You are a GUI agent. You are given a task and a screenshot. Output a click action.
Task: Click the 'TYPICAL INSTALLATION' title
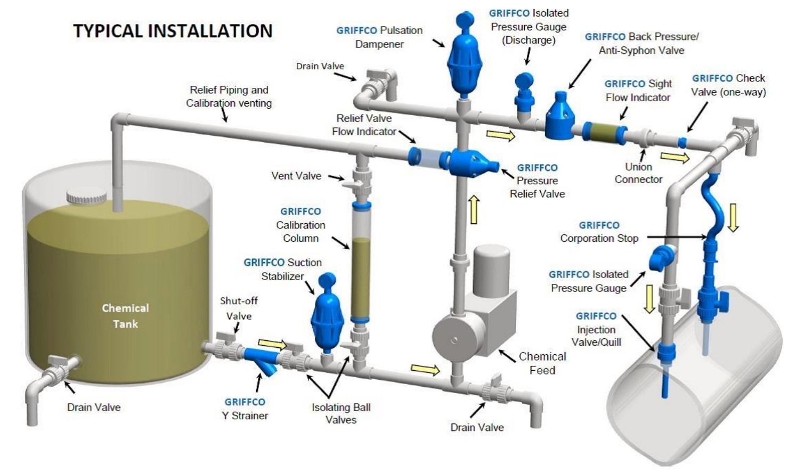click(173, 30)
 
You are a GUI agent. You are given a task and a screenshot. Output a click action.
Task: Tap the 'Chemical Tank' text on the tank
click(125, 316)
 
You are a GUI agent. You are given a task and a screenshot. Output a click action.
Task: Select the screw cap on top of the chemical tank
click(86, 197)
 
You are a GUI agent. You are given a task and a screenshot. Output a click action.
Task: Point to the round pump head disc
click(454, 339)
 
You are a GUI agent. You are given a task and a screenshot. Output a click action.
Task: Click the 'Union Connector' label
click(638, 173)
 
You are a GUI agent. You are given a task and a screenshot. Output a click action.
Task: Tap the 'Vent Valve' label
click(296, 176)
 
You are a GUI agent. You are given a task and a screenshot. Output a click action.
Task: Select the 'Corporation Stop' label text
click(599, 238)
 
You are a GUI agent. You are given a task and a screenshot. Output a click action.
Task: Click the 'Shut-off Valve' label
click(239, 308)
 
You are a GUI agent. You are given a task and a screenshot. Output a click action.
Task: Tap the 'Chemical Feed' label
click(542, 363)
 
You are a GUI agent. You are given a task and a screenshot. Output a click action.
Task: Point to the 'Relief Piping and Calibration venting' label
click(229, 96)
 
